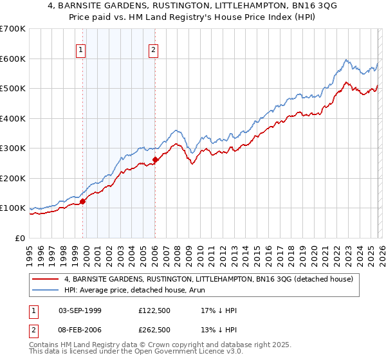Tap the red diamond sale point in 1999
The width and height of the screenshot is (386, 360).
click(x=83, y=201)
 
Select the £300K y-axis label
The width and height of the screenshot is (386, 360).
click(x=13, y=148)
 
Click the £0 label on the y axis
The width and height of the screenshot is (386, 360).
click(x=19, y=238)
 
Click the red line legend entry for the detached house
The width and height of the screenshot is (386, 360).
click(x=208, y=279)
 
